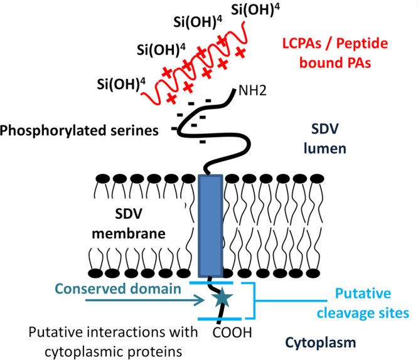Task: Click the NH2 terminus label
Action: point(252,92)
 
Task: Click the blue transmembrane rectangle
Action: point(210,226)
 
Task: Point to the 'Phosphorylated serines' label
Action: point(86,130)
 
